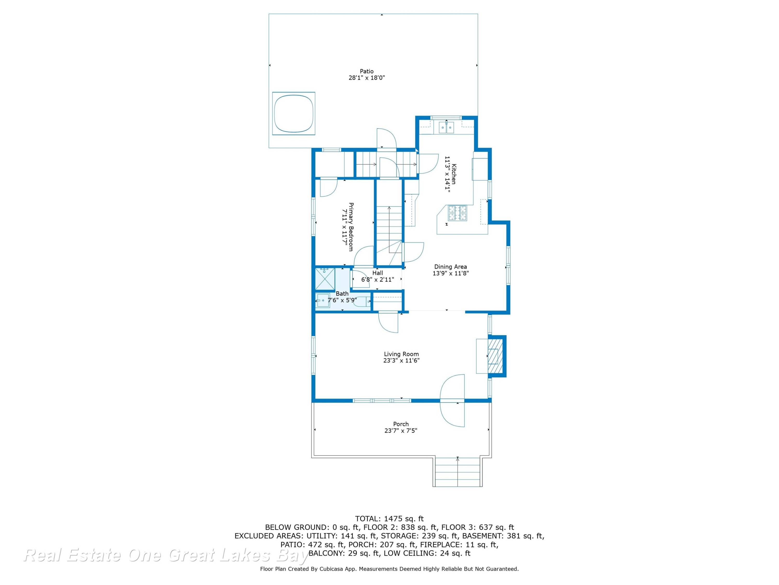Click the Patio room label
pos(367,71)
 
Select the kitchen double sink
pos(446,127)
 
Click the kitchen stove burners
pos(457,213)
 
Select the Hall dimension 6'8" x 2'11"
pos(378,279)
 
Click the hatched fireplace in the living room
pos(495,356)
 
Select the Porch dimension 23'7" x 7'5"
pos(401,431)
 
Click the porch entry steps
pos(458,471)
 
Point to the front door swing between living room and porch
pos(452,401)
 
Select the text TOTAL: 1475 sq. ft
pos(389,519)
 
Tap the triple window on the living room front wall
pos(382,401)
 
